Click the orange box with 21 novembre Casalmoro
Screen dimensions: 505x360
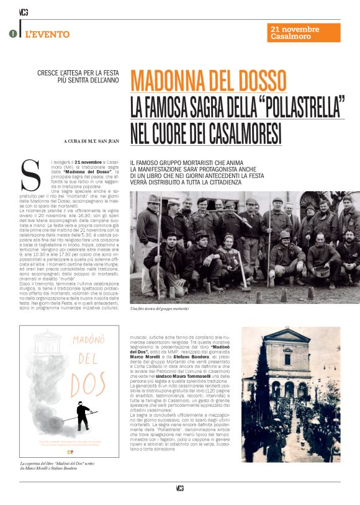click(x=304, y=33)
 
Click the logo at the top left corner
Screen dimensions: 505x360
click(x=24, y=11)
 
